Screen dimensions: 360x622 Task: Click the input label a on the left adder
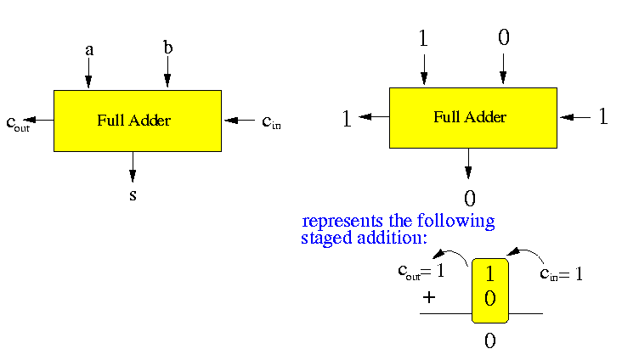click(88, 50)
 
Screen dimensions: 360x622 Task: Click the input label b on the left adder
click(167, 48)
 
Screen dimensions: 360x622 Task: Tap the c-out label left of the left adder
click(18, 123)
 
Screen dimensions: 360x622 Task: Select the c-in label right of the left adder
click(271, 122)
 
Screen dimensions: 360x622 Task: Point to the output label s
click(133, 195)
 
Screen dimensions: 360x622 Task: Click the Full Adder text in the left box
click(133, 121)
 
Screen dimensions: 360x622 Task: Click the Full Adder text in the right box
click(470, 117)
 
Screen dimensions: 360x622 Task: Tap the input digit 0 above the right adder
click(502, 37)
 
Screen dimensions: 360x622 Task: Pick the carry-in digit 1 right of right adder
click(603, 116)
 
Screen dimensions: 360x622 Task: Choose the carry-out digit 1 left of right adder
click(347, 119)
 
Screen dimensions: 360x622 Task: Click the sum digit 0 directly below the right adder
click(469, 199)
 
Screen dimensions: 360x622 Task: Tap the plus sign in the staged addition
click(429, 297)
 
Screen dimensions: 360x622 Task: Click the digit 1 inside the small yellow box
click(489, 275)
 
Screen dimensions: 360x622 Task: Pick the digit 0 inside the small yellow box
click(489, 298)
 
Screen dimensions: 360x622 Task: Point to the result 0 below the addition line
click(489, 341)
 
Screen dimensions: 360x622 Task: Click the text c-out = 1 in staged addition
click(421, 273)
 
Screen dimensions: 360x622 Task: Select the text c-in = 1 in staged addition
click(562, 274)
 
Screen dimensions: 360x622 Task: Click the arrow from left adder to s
click(133, 166)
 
